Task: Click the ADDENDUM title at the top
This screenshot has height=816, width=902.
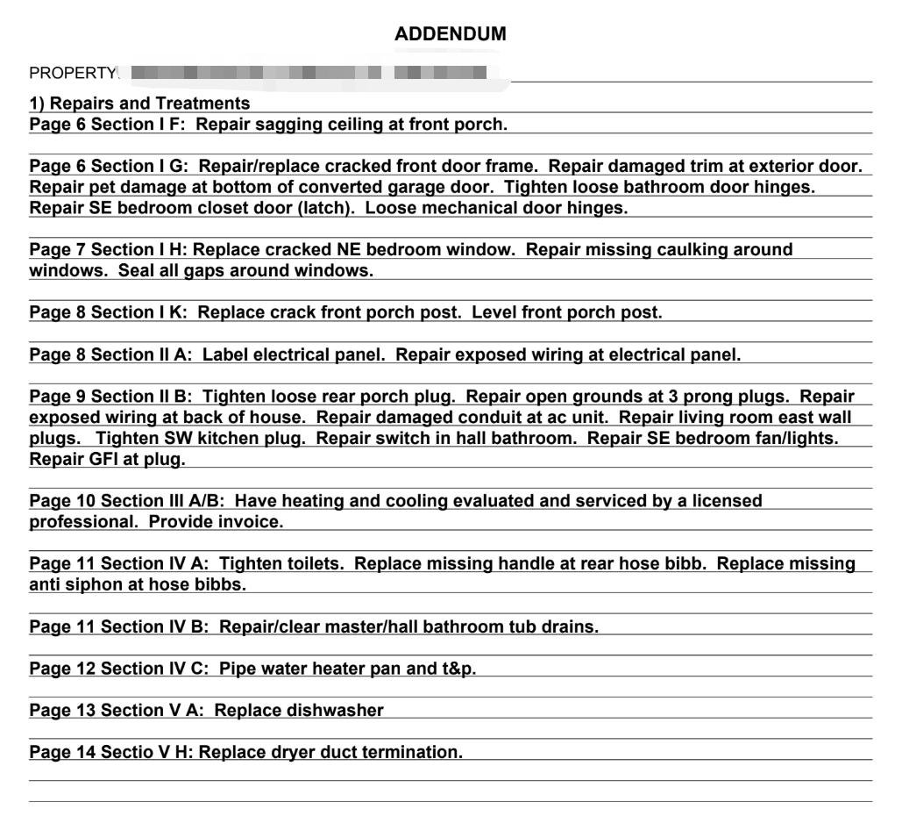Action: pos(451,34)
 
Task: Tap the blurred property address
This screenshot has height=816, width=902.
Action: pos(307,72)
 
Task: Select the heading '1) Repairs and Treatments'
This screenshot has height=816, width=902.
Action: pos(139,104)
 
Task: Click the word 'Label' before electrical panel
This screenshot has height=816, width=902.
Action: pos(224,354)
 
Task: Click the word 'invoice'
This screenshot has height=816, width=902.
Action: pos(252,522)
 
